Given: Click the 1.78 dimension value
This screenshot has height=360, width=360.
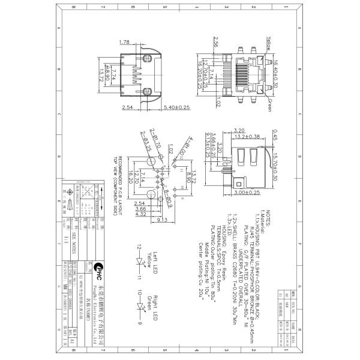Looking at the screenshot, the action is click(125, 42).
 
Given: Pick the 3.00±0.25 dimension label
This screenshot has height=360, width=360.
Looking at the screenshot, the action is click(247, 193).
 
